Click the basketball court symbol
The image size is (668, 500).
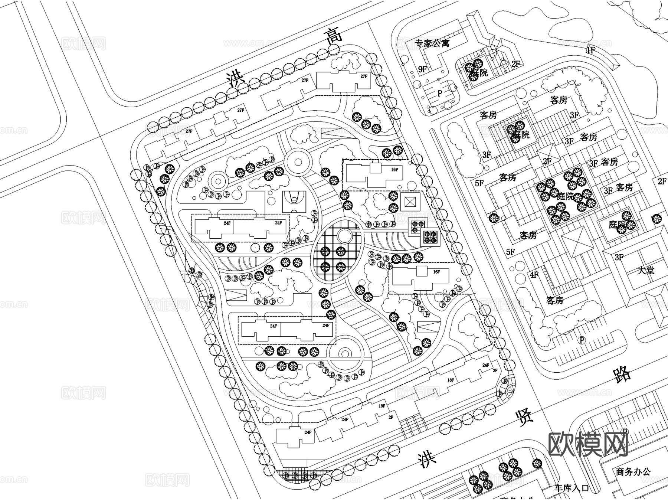294,202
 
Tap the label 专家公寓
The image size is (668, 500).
432,43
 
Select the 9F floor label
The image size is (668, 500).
422,69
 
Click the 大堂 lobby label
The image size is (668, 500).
646,270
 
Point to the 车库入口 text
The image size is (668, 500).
572,488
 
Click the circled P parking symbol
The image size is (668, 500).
582,340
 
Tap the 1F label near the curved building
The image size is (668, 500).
590,50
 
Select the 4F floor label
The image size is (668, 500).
534,275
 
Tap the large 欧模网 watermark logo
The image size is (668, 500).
588,444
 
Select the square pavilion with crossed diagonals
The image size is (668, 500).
410,202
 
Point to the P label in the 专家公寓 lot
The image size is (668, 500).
440,93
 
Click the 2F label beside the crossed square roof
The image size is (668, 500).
547,161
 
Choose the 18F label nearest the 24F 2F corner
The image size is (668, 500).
451,380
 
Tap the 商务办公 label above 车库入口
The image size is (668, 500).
633,472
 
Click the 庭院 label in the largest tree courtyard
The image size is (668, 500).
565,196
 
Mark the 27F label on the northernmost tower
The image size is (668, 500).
364,76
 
